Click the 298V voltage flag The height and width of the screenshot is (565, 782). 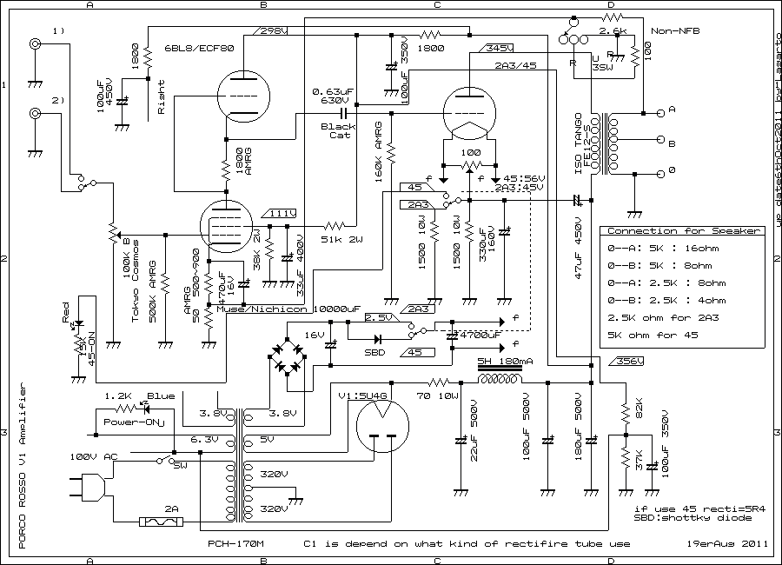275,30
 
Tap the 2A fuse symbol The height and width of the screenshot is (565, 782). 162,522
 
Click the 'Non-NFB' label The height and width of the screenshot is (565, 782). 678,31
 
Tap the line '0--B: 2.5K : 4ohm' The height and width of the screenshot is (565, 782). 667,300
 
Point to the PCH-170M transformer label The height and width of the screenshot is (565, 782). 235,545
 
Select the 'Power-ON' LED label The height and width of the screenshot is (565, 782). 128,422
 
